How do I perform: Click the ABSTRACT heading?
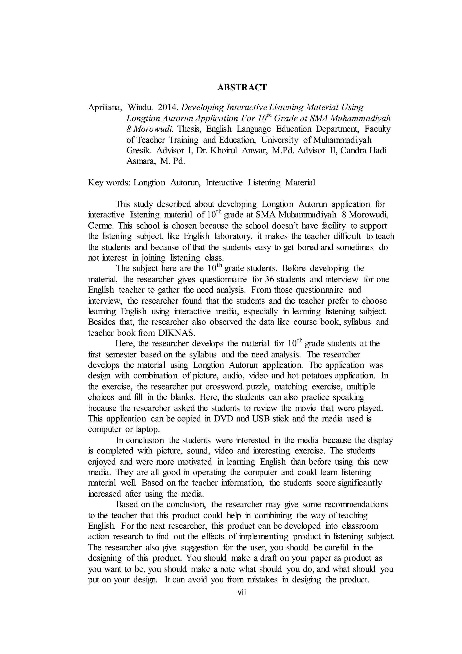242,87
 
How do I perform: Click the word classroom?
360,526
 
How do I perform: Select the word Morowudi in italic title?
153,129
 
